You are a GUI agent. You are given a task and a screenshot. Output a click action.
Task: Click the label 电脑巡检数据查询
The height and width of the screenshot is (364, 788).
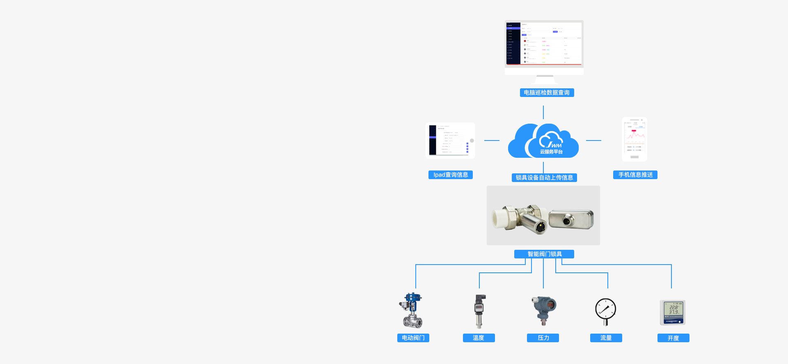[x=547, y=92]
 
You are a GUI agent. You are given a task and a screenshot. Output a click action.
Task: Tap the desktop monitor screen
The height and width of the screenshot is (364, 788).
[x=544, y=44]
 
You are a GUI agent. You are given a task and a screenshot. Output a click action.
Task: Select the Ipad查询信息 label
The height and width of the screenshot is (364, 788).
[x=451, y=175]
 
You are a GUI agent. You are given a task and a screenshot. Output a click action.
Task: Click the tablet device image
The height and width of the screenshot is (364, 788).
[x=450, y=141]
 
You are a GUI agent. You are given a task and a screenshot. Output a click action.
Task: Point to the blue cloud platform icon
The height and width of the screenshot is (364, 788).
[x=543, y=141]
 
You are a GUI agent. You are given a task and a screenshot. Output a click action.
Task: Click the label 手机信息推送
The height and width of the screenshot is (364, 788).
[x=635, y=175]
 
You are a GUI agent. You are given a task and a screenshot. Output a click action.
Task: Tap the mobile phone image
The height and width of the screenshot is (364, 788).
[x=635, y=139]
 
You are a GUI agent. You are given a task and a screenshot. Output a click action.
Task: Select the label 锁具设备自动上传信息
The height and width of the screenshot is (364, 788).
[x=544, y=177]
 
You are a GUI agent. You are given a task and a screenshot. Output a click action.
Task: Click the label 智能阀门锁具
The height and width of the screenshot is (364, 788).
[x=544, y=254]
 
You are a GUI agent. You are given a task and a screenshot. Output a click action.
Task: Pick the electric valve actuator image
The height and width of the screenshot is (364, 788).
[x=412, y=310]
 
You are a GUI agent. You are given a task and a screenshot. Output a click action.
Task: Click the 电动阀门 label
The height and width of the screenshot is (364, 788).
[x=413, y=338]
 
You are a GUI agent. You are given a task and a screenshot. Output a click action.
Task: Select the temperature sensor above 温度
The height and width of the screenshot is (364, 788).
[x=479, y=311]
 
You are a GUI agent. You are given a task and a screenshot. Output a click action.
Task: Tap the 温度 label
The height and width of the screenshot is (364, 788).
[x=479, y=338]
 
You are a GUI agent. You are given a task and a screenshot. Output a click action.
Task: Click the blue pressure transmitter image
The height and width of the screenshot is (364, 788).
[x=543, y=310]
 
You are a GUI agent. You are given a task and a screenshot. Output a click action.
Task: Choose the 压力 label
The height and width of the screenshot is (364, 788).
[x=543, y=338]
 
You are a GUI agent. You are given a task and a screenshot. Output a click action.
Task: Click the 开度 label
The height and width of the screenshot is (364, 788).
[x=673, y=338]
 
